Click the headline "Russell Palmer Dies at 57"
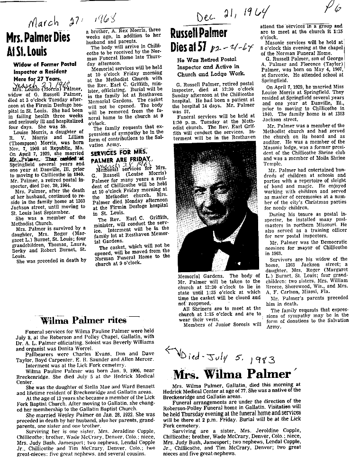[x=205, y=40]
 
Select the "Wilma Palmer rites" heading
[x=83, y=320]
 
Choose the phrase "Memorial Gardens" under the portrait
[x=200, y=275]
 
